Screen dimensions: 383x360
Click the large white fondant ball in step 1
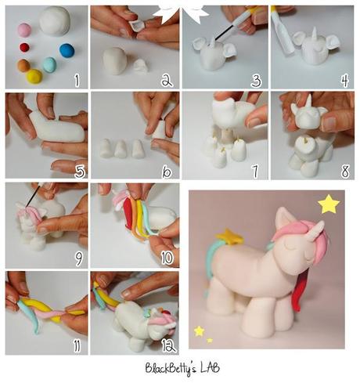[x=55, y=21]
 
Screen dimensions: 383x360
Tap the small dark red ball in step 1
[x=24, y=48]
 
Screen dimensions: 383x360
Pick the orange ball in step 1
[x=23, y=65]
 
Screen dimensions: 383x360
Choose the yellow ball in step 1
[x=34, y=76]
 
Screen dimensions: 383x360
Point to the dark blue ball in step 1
[x=67, y=50]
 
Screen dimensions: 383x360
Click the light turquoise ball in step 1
[x=49, y=64]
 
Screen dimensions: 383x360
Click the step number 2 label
[x=166, y=79]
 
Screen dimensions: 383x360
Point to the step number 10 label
[x=165, y=257]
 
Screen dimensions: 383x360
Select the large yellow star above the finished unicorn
[x=329, y=205]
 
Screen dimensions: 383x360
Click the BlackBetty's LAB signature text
[x=180, y=367]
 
